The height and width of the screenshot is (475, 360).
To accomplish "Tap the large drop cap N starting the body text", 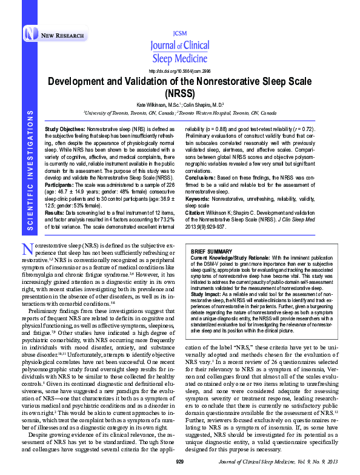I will [26, 249].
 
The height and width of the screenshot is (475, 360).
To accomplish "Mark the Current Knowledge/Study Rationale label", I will [232, 257].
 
